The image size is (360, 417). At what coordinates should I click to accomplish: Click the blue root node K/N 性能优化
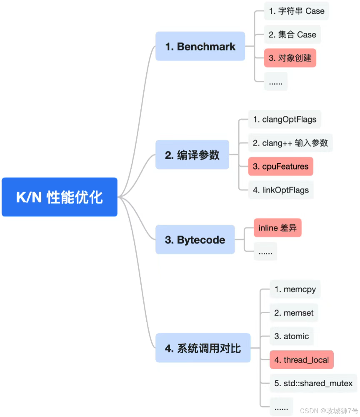pos(60,197)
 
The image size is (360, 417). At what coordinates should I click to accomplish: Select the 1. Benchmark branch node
pos(200,46)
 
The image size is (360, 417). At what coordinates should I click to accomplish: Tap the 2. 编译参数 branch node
pos(192,155)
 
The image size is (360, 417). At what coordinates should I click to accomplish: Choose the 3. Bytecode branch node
pos(195,240)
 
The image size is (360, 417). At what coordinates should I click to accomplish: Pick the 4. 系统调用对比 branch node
pos(203,348)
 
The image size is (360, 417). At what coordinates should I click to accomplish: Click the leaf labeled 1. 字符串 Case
pos(296,11)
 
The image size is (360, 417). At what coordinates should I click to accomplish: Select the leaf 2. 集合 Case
pos(292,35)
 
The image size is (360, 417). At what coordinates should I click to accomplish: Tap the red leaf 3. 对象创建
pos(290,58)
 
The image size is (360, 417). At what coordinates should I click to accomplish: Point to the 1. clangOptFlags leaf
pos(285,120)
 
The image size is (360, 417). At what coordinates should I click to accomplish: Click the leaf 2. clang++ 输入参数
pos(290,143)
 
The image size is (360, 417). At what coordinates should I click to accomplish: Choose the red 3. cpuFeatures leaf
pos(280,166)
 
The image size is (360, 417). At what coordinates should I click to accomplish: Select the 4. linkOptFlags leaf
pos(280,190)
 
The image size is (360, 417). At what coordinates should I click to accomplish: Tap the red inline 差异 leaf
pos(277,228)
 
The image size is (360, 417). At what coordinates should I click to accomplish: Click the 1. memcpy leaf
pos(295,289)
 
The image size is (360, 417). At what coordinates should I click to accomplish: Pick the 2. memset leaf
pos(294,312)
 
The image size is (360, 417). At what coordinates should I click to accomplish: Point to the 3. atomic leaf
pos(291,336)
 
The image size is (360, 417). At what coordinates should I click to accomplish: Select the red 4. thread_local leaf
pos(301,360)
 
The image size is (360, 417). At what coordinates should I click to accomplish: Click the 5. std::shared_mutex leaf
pos(313,383)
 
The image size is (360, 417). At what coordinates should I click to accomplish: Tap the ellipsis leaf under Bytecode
pos(265,252)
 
